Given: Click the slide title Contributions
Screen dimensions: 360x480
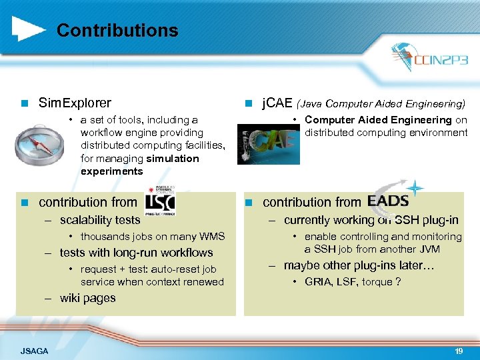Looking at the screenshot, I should coord(117,31).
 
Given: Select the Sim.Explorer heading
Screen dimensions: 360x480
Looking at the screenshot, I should coord(75,103).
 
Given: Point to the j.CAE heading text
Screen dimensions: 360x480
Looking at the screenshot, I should coord(277,103).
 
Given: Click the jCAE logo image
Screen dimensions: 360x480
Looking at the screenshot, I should coord(269,141).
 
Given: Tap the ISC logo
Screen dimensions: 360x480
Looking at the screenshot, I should coord(160,201).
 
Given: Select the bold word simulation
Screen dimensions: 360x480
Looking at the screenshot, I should coord(172,159).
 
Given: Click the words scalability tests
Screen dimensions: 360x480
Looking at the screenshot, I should coord(100,220).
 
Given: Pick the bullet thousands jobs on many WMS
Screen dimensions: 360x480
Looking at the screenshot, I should coord(153,237).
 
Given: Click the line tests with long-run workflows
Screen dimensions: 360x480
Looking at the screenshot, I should coord(136,253).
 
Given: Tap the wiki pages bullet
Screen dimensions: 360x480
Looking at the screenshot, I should coord(87,299).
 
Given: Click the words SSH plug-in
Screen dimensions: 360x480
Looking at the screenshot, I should coord(426,220).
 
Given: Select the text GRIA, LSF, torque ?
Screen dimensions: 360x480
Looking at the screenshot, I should coord(352,282).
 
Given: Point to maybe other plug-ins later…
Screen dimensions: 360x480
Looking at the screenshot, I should coord(359,265).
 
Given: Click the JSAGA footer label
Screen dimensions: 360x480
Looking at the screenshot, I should coord(35,351).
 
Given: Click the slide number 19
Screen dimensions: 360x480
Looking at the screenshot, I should coord(458,351).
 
